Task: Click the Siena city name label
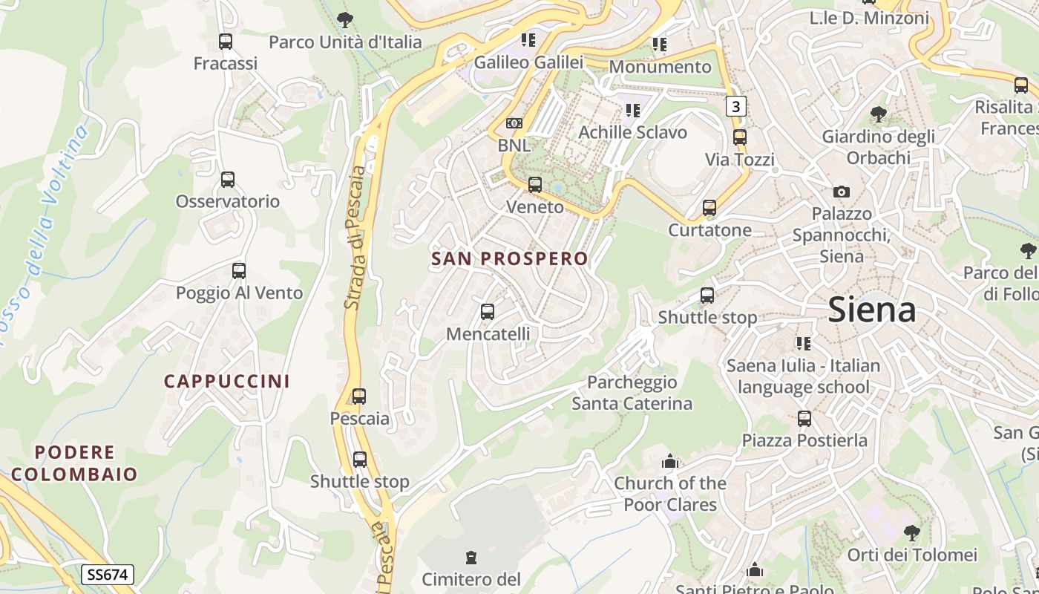(871, 310)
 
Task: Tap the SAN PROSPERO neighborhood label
(509, 258)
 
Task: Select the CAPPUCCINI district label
(226, 381)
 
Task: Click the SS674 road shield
(108, 574)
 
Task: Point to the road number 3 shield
(735, 106)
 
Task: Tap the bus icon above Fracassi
(226, 42)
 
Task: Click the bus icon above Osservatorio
(228, 180)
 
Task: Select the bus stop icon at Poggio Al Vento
(238, 271)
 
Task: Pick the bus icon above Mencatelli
(488, 312)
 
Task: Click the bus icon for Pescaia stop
(359, 396)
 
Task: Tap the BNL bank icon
(514, 123)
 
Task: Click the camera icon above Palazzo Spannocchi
(841, 192)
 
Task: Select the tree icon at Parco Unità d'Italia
(344, 20)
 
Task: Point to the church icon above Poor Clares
(670, 462)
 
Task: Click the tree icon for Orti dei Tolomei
(912, 532)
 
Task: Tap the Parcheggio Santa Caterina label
(632, 393)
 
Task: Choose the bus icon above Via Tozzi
(739, 137)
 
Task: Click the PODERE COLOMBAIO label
(74, 463)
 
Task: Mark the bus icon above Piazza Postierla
(804, 419)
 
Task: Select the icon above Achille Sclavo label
(632, 111)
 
